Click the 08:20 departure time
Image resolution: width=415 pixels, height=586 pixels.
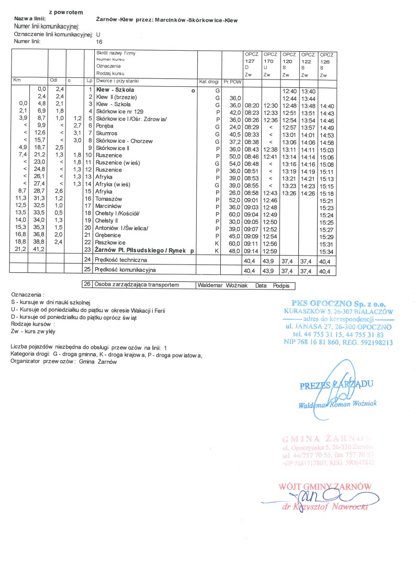pos(252,105)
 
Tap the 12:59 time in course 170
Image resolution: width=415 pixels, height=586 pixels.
pos(270,251)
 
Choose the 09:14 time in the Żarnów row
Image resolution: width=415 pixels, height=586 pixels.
pos(252,251)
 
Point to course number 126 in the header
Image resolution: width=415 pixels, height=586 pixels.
pos(325,61)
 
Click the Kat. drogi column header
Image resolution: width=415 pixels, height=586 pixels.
pos(209,82)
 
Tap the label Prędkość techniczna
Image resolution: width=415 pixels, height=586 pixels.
pos(120,260)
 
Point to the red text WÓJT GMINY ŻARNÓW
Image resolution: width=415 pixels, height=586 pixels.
pos(326,486)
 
